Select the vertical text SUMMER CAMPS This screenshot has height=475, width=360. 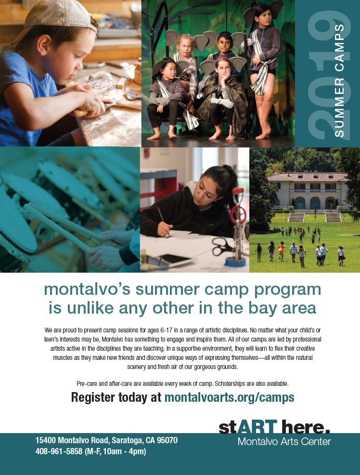pyautogui.click(x=339, y=80)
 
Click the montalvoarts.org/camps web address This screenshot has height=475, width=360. pyautogui.click(x=229, y=397)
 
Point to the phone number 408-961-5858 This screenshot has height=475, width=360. pyautogui.click(x=59, y=451)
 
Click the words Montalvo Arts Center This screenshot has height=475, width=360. pyautogui.click(x=284, y=441)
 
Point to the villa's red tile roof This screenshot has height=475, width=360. pyautogui.click(x=308, y=177)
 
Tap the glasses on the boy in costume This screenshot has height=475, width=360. pyautogui.click(x=224, y=43)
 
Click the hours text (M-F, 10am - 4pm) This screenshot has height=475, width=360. pyautogui.click(x=116, y=451)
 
